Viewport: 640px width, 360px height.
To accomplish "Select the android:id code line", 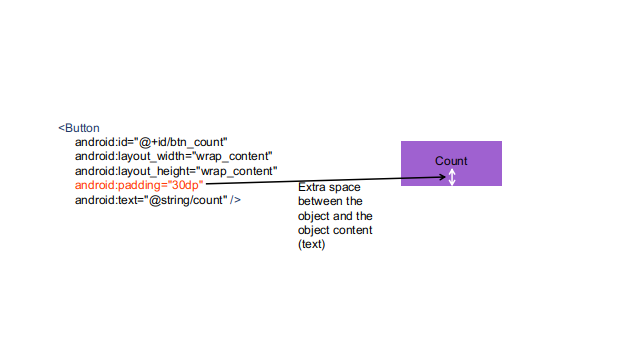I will pos(151,143).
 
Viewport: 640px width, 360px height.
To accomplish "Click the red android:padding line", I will pos(139,185).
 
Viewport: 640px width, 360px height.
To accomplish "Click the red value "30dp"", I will pos(186,185).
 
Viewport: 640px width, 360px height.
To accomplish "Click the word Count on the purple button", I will pos(451,161).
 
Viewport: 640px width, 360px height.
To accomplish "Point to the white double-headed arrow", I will pos(452,177).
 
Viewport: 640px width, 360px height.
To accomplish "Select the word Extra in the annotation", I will pos(312,188).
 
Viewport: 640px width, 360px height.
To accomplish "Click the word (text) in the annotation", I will pos(312,245).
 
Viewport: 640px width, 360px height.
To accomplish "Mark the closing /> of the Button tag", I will pos(235,200).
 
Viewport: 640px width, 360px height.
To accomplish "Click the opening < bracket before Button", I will pos(61,128).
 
